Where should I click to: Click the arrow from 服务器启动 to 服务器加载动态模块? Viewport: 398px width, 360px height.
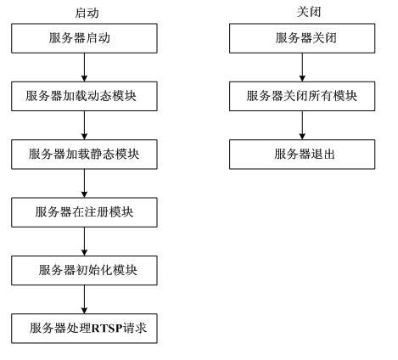(84, 67)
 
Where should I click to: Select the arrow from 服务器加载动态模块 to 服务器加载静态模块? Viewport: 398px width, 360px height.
(84, 125)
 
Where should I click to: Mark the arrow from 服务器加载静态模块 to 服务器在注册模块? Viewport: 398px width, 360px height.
(84, 183)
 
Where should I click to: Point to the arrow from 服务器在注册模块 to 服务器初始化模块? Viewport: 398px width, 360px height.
(84, 240)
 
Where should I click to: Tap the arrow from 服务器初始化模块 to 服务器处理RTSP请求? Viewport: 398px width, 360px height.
(84, 298)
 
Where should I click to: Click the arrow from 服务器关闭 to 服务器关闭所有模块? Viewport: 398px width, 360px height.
(303, 67)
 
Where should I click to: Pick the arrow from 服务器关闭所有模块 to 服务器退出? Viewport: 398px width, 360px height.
(303, 125)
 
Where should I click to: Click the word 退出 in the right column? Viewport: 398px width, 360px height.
(324, 154)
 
